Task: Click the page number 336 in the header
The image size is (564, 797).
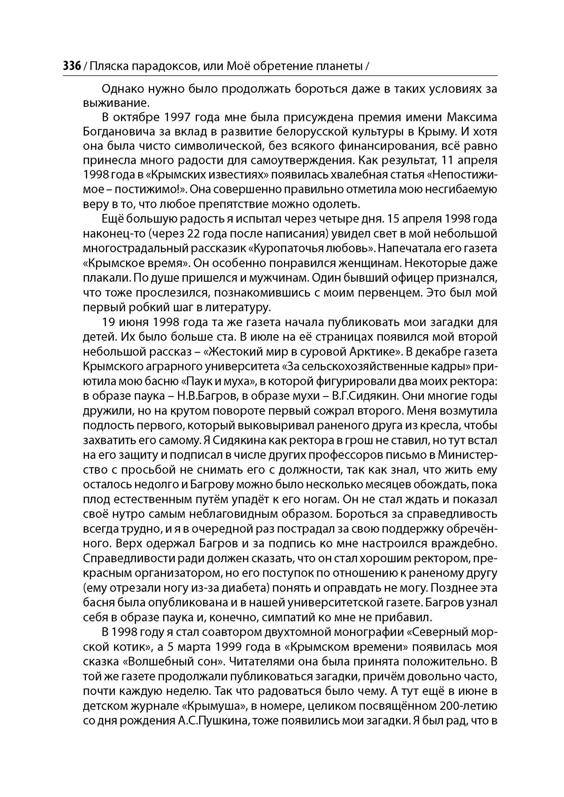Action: pyautogui.click(x=72, y=66)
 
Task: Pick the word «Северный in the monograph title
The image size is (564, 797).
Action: pyautogui.click(x=436, y=632)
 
